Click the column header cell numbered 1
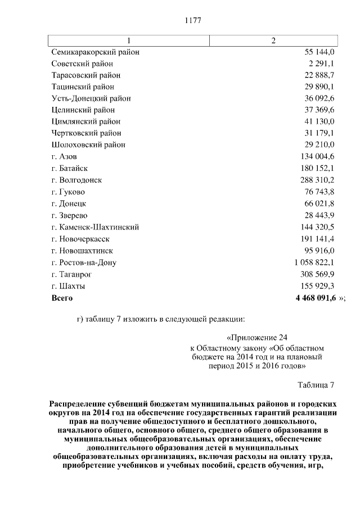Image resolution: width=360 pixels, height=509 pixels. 129,40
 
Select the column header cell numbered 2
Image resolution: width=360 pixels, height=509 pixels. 273,40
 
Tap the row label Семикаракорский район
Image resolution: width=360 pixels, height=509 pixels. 95,52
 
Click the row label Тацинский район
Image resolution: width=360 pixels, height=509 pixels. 83,87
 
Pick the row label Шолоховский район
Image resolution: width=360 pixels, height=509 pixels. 88,145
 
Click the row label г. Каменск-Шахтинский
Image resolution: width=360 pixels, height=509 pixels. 94,227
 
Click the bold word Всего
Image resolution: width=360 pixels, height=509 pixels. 62,298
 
